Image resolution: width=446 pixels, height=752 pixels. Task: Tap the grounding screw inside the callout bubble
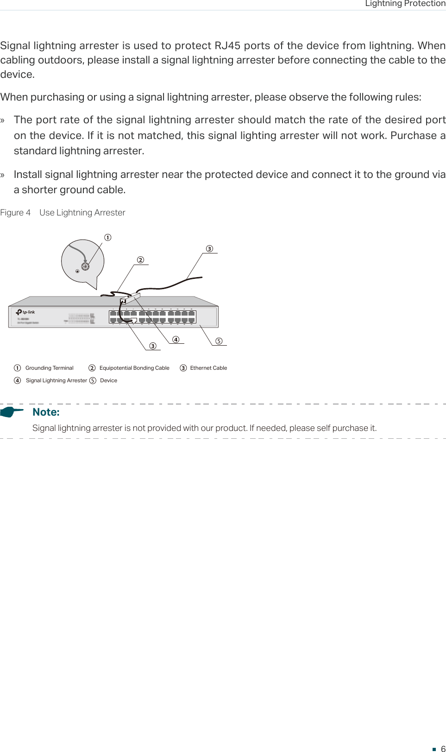click(x=85, y=266)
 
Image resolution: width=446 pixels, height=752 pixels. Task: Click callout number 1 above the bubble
click(x=108, y=237)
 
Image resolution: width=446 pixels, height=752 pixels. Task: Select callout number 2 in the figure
click(x=140, y=260)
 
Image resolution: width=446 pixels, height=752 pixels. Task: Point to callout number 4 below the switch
click(x=176, y=340)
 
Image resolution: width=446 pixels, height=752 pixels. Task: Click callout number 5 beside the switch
click(x=219, y=341)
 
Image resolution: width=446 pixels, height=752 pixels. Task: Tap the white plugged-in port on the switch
click(x=134, y=320)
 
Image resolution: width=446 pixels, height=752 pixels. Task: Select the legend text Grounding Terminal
click(x=49, y=368)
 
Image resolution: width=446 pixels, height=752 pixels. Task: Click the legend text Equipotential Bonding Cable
click(x=134, y=368)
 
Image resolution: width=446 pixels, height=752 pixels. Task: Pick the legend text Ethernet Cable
click(x=208, y=368)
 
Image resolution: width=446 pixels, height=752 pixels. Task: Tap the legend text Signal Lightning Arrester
click(x=56, y=380)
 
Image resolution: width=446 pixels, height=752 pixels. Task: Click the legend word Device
click(x=108, y=380)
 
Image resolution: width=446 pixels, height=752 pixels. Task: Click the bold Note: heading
click(x=46, y=412)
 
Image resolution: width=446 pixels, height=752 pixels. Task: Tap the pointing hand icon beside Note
click(x=12, y=411)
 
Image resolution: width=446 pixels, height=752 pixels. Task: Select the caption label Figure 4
click(x=15, y=213)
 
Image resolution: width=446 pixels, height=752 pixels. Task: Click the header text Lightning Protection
click(x=405, y=4)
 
